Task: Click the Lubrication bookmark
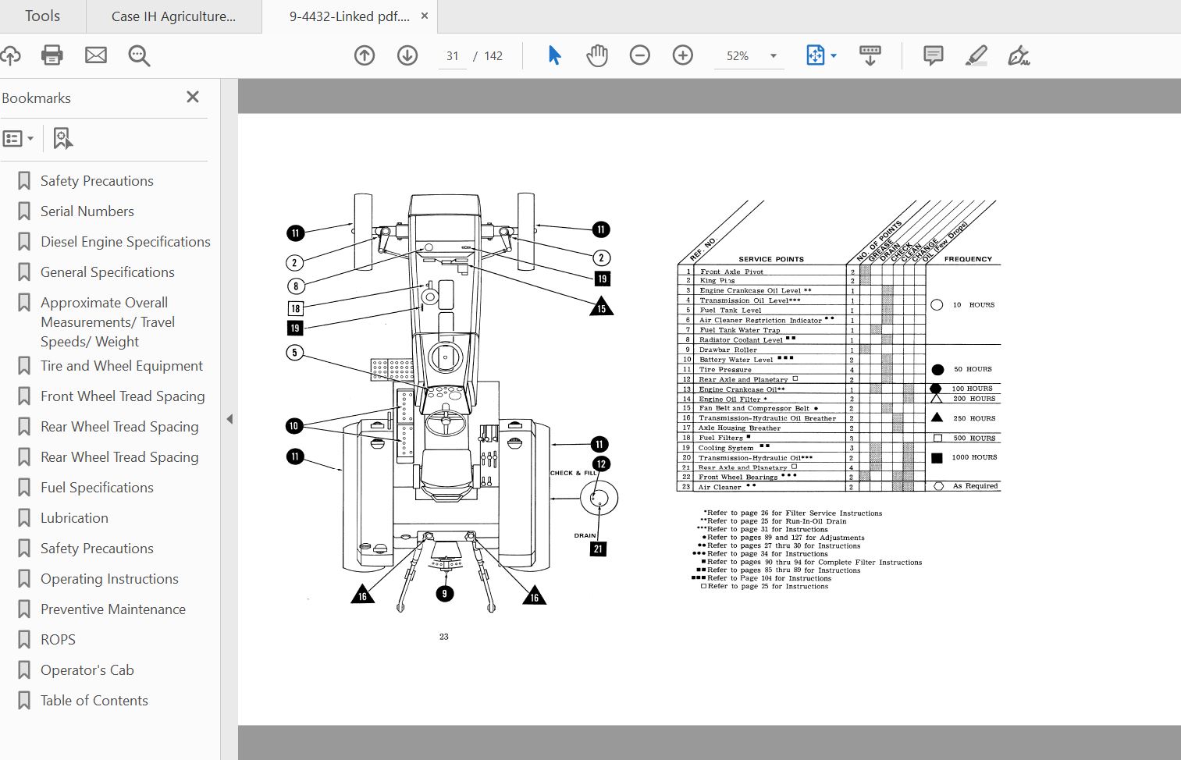click(x=74, y=518)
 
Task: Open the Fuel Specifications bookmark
click(x=97, y=488)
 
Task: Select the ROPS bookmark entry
click(x=58, y=640)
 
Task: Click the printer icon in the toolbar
click(x=52, y=55)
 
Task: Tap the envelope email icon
click(x=96, y=55)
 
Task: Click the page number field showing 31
click(x=453, y=56)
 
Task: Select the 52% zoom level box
click(x=738, y=56)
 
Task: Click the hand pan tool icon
click(x=597, y=55)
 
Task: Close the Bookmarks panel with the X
click(x=193, y=97)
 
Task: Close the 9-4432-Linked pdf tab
click(x=425, y=16)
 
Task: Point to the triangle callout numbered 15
click(x=602, y=307)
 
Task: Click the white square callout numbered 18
click(x=296, y=308)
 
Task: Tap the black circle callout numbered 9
click(x=444, y=594)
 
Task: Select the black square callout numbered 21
click(x=598, y=549)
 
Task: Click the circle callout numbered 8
click(x=296, y=286)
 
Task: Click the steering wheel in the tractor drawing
click(x=446, y=423)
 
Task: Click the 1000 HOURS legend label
click(x=974, y=457)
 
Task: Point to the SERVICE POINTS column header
click(x=770, y=259)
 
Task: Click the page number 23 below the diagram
click(x=443, y=637)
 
